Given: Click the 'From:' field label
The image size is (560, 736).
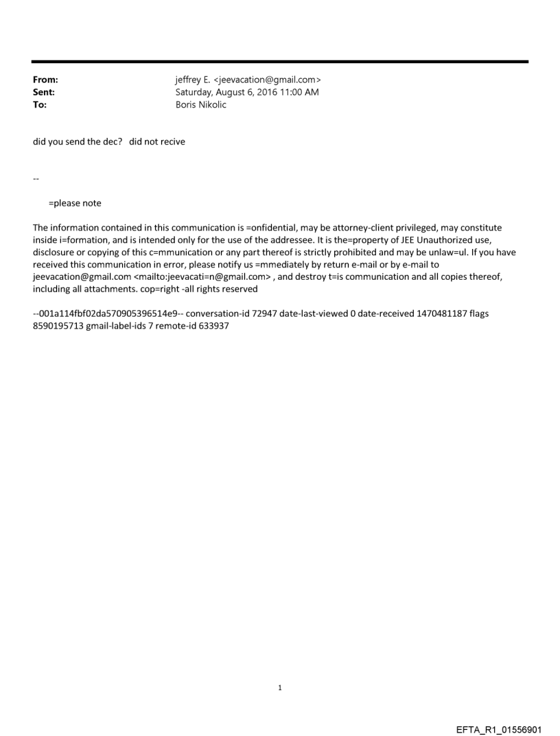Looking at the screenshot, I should (x=45, y=80).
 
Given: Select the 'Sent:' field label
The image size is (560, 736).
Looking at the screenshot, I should (x=43, y=92).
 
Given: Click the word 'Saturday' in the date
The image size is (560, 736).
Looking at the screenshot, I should (x=195, y=92).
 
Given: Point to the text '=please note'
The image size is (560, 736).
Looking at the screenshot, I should (x=75, y=203).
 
